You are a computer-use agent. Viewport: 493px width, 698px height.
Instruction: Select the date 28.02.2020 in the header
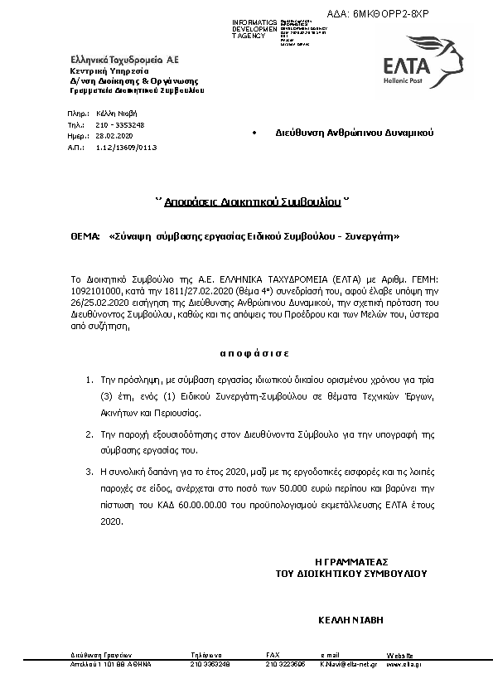(x=114, y=135)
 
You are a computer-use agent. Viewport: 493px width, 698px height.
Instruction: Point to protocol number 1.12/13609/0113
(x=126, y=147)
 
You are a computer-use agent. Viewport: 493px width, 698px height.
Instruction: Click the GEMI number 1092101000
(x=95, y=294)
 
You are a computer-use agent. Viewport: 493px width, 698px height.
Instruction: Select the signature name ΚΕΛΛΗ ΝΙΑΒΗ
(x=350, y=618)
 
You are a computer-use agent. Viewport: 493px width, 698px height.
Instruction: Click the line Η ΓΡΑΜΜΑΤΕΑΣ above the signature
(x=351, y=561)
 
